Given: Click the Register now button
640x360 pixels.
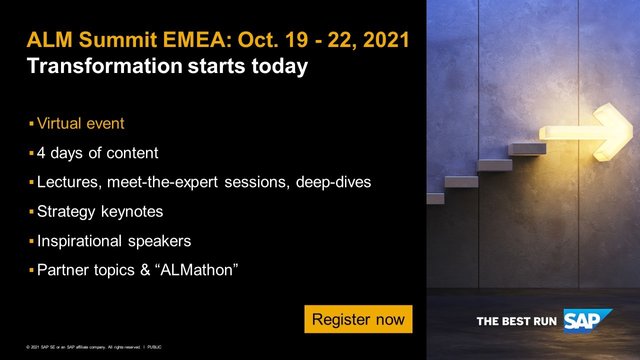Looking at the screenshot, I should [359, 319].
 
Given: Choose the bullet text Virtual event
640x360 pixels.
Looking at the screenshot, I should [93, 125].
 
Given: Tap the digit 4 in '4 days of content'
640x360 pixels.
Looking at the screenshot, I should [41, 154].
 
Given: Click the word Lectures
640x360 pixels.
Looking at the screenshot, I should [70, 183].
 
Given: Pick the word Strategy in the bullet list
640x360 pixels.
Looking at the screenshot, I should [67, 212].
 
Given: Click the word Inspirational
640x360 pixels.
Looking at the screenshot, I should [82, 241].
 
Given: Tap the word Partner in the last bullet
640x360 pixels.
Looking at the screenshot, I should [62, 270].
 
